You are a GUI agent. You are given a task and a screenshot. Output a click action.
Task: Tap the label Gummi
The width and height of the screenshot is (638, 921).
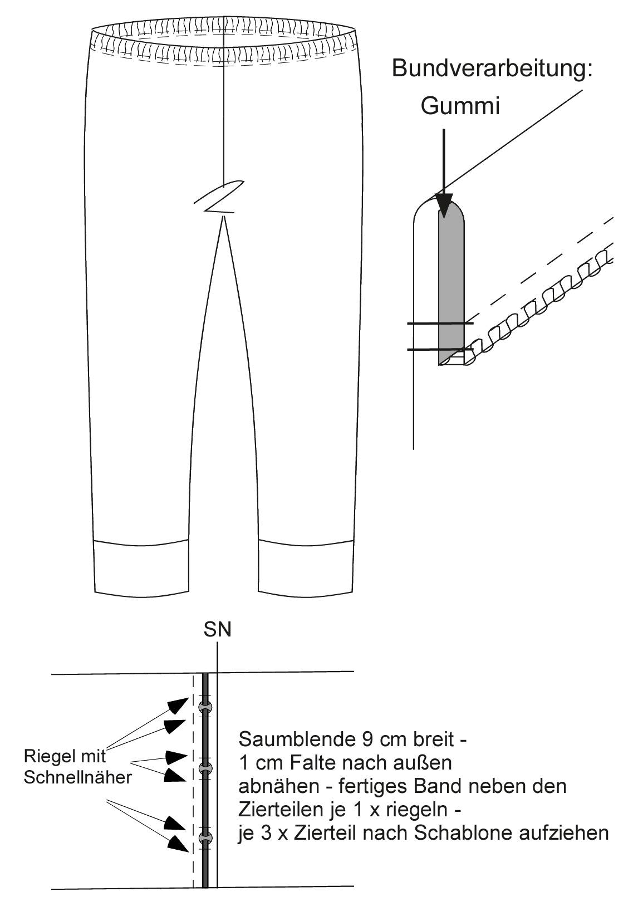tap(460, 106)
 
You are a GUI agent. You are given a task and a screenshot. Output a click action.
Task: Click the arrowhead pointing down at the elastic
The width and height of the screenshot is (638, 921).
tap(444, 205)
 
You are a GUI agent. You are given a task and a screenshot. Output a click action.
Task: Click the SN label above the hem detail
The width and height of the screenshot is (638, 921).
tap(217, 629)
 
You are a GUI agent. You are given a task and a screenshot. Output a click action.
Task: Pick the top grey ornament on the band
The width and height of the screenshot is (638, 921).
tap(205, 707)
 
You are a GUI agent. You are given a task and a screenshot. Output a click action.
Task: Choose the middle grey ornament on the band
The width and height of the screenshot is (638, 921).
tap(205, 768)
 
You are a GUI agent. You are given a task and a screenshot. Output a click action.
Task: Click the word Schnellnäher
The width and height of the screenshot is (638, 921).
tap(78, 777)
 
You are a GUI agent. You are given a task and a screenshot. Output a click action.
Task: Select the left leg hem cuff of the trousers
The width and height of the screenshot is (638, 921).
tap(141, 567)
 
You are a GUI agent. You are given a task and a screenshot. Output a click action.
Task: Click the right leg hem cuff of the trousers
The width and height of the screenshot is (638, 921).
tap(306, 567)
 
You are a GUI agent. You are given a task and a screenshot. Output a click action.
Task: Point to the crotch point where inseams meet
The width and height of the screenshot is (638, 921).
tap(224, 217)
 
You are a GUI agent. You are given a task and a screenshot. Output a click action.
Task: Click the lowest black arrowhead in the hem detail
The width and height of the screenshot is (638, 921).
tap(178, 842)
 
